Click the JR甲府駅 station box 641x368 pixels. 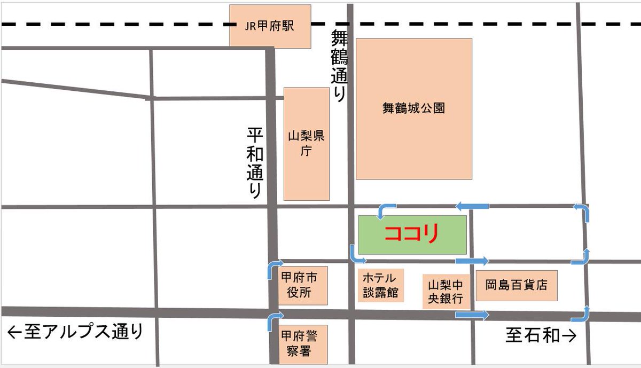tap(270, 26)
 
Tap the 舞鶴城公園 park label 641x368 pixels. tap(413, 108)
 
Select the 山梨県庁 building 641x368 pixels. tap(306, 144)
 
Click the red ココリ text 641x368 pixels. tap(411, 234)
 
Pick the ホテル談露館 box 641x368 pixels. tap(380, 285)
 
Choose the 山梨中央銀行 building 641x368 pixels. tap(447, 292)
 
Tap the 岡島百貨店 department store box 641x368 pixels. tap(516, 285)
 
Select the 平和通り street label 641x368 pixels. tap(255, 162)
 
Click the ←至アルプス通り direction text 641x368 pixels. tap(76, 332)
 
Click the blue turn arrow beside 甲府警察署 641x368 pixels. tap(273, 321)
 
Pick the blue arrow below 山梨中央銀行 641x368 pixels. tap(472, 315)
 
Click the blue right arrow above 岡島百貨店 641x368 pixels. tap(472, 261)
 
